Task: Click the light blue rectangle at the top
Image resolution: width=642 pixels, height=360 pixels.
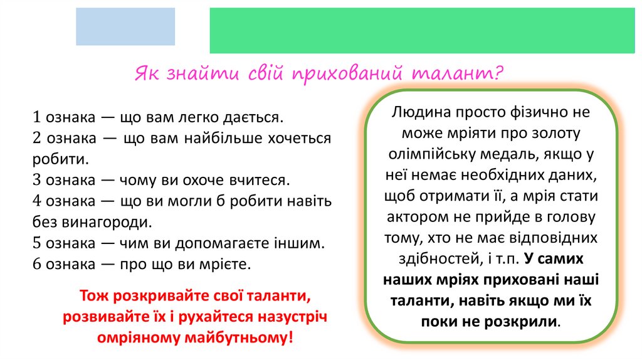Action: click(125, 27)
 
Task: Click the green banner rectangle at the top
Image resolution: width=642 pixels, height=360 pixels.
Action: click(421, 30)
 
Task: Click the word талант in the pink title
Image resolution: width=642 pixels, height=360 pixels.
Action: click(457, 74)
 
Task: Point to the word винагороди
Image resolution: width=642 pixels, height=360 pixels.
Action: click(107, 221)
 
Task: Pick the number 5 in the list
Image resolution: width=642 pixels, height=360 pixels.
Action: click(37, 243)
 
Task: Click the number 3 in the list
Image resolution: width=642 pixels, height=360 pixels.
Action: click(37, 180)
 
